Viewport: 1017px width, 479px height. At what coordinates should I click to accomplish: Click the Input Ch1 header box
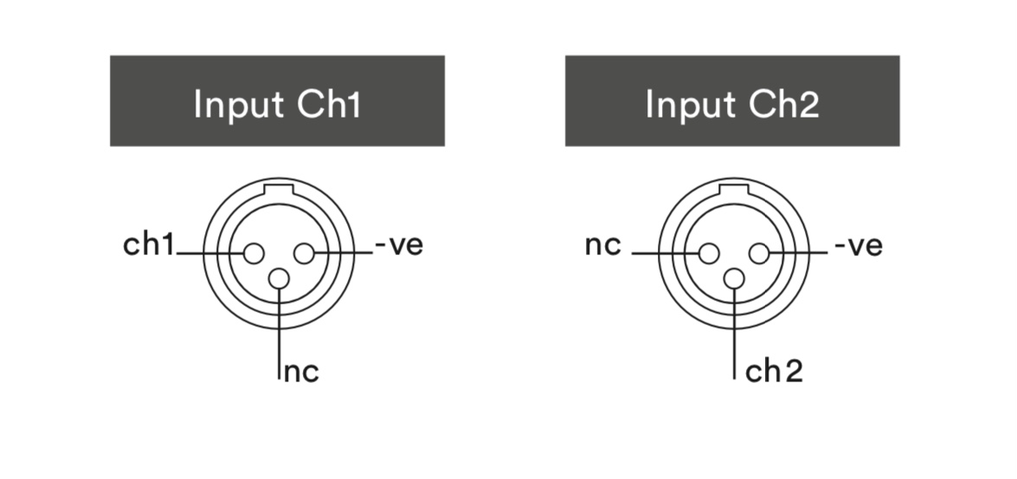(277, 100)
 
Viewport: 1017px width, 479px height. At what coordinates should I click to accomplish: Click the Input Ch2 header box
(732, 100)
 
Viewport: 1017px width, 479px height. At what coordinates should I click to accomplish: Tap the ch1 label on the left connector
(149, 246)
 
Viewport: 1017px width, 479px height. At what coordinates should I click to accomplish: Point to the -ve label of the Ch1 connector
(399, 246)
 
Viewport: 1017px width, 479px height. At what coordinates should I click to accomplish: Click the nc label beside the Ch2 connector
(603, 246)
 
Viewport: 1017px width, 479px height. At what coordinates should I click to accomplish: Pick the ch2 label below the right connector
(775, 373)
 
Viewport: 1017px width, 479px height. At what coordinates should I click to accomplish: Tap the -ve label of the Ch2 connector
(859, 246)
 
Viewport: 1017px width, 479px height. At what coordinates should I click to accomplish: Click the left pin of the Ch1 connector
(254, 253)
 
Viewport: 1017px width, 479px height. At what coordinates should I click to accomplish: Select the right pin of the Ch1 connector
(304, 253)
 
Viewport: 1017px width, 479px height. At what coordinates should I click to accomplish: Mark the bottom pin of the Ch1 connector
(279, 278)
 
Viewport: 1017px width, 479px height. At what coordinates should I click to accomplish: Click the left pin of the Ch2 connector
(709, 253)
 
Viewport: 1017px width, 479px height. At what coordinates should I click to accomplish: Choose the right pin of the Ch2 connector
(759, 253)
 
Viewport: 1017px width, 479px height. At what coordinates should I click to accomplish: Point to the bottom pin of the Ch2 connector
(734, 278)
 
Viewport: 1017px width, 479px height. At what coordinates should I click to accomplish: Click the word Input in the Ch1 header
(239, 104)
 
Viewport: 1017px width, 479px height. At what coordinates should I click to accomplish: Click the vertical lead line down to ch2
(734, 337)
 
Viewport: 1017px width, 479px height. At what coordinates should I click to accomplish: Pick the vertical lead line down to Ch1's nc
(279, 337)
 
